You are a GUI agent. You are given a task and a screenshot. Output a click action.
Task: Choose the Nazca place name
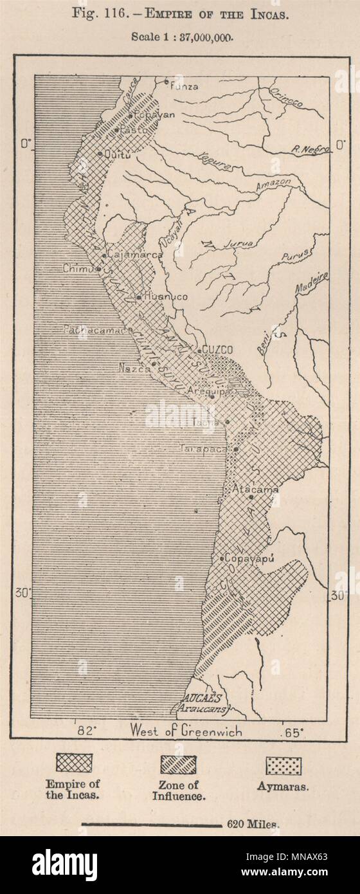coord(134,369)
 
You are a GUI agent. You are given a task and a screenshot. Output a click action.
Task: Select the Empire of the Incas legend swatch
coord(74,763)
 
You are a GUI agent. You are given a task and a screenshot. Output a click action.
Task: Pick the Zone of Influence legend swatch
coord(179,764)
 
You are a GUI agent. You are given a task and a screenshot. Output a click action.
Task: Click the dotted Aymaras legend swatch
coord(283,765)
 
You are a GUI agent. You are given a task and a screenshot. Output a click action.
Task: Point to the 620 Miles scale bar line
coord(152,824)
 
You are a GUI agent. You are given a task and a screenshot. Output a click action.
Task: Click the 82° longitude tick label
coord(87,731)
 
